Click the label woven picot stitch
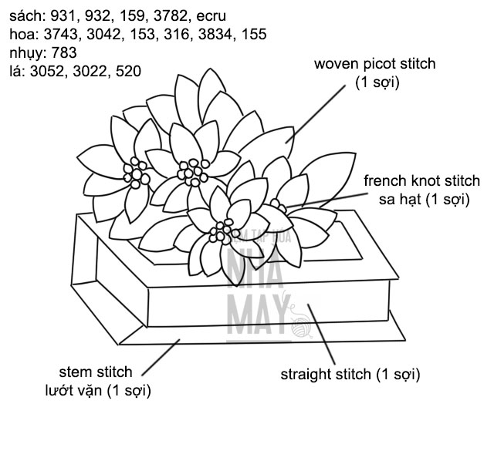(x=374, y=64)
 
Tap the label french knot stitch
(x=421, y=182)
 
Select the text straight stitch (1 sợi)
(x=350, y=375)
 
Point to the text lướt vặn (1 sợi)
(x=96, y=391)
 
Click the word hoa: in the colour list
(x=23, y=34)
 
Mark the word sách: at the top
(x=27, y=15)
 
